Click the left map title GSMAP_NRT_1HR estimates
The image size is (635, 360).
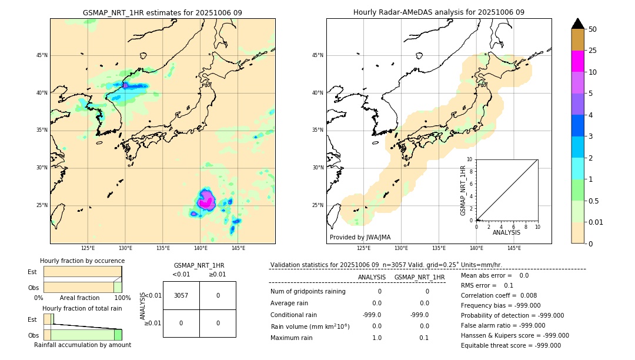[x=162, y=12]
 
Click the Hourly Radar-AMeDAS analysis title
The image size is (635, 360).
[x=439, y=12]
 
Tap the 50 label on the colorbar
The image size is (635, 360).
[x=593, y=29]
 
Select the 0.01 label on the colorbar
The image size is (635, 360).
[x=596, y=222]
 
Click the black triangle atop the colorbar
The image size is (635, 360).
[x=578, y=24]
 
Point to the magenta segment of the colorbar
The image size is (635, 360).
[x=578, y=61]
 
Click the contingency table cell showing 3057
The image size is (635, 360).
[x=181, y=295]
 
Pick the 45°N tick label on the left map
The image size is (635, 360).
[x=42, y=55]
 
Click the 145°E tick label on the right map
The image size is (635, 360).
[x=514, y=248]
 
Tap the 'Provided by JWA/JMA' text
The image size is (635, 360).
[x=360, y=237]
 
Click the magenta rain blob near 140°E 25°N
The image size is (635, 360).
[x=206, y=202]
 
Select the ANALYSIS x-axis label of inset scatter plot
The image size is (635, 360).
[x=506, y=233]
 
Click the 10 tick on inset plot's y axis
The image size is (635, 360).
[x=470, y=159]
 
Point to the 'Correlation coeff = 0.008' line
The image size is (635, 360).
[x=499, y=295]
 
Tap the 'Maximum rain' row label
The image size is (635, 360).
[x=292, y=338]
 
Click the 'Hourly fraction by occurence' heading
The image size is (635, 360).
[x=82, y=261]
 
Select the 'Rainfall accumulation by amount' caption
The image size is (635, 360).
[x=82, y=345]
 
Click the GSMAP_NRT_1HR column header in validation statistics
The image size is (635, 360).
[x=419, y=277]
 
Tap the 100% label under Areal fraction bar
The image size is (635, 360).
[x=122, y=298]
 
